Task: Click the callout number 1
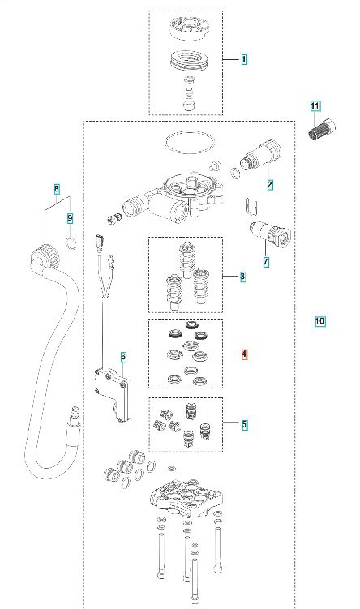tap(243, 60)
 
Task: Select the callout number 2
tap(270, 184)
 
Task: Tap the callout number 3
tap(243, 277)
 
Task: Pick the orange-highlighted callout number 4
tap(243, 354)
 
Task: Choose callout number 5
tap(243, 423)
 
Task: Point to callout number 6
tap(123, 356)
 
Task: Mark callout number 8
tap(56, 189)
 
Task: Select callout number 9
tap(70, 217)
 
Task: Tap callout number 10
tap(319, 321)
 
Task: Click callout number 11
tap(315, 106)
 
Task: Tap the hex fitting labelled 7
tap(272, 236)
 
